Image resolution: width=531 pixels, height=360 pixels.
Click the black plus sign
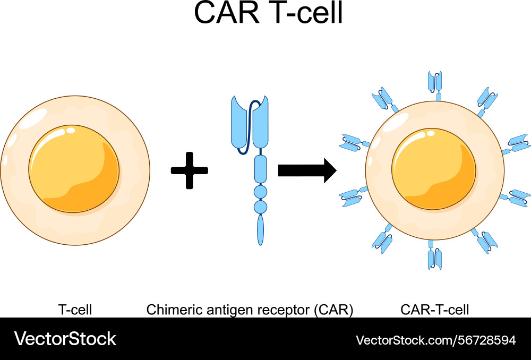point(190,170)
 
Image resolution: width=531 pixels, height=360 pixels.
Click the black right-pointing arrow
point(307,170)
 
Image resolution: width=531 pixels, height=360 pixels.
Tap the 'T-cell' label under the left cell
point(75,309)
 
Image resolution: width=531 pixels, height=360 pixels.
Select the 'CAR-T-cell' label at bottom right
point(435,309)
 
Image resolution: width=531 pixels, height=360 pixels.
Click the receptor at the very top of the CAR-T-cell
point(435,82)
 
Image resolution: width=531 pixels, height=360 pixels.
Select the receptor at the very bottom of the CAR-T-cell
point(435,258)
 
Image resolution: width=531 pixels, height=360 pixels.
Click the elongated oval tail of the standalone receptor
point(261,229)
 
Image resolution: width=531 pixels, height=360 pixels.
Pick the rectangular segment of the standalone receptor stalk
point(261,169)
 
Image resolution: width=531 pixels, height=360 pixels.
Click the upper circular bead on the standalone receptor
point(261,191)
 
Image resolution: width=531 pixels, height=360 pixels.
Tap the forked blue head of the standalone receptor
point(250,122)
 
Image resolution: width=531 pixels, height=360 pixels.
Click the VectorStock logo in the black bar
point(65,339)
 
